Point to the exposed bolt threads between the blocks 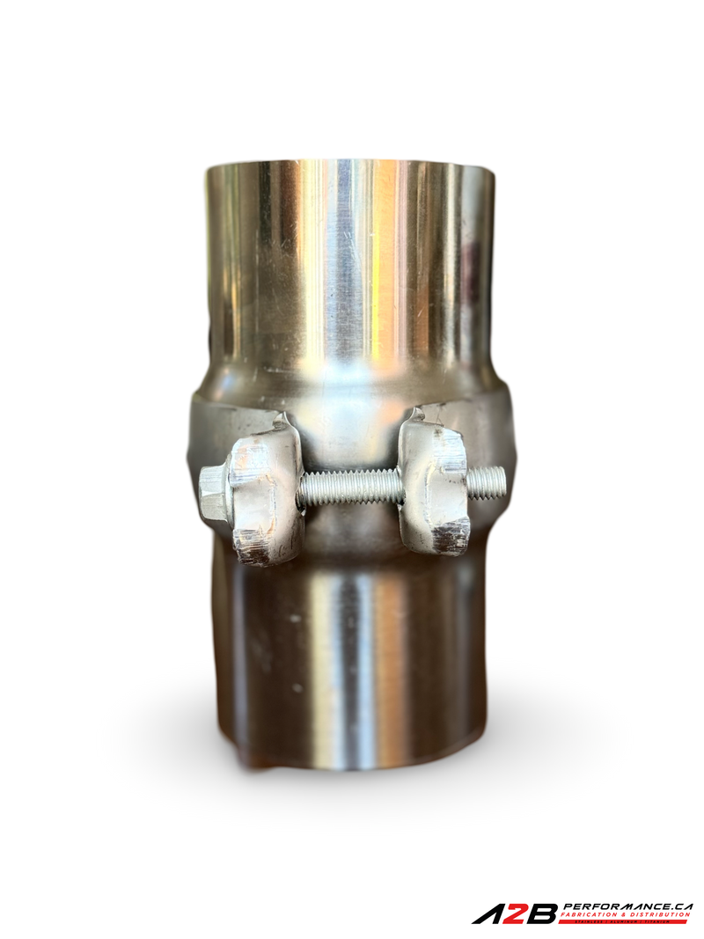(350, 487)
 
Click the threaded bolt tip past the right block (487, 481)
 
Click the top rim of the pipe (350, 165)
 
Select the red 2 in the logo (517, 914)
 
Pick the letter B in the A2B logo (542, 914)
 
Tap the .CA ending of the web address (679, 906)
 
